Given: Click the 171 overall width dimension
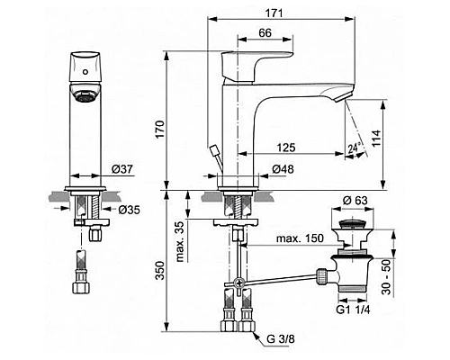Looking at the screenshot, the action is pyautogui.click(x=274, y=13).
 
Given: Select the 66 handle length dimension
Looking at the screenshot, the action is pyautogui.click(x=265, y=32).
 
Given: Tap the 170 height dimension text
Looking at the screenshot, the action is pyautogui.click(x=160, y=129).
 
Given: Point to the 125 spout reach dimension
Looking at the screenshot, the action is pyautogui.click(x=286, y=148).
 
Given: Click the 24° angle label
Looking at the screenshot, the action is pyautogui.click(x=354, y=148).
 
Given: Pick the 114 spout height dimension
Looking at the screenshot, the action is pyautogui.click(x=376, y=138).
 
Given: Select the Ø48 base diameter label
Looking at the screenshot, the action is pyautogui.click(x=283, y=169).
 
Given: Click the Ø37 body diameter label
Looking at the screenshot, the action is pyautogui.click(x=122, y=169).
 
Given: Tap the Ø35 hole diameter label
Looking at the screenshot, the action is pyautogui.click(x=130, y=210).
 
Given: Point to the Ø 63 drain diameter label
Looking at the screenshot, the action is pyautogui.click(x=355, y=200).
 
